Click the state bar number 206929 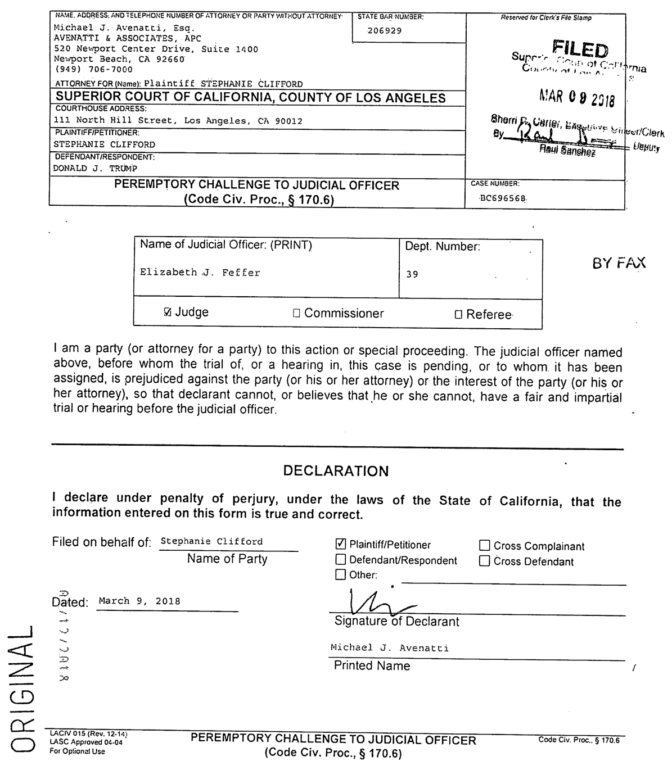[385, 31]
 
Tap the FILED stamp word [580, 51]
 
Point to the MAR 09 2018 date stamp [576, 99]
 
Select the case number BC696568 [504, 198]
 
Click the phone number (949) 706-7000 [93, 70]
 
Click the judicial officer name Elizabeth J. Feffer [200, 273]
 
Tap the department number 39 [412, 275]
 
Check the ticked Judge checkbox [167, 312]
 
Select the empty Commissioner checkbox [296, 314]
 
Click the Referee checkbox [458, 315]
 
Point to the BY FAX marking [619, 263]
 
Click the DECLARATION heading [336, 471]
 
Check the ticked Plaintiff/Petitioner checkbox [341, 544]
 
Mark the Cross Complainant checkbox [485, 546]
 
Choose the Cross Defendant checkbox [485, 561]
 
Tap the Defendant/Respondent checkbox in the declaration [341, 560]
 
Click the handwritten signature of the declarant [377, 604]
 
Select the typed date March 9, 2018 [139, 601]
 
